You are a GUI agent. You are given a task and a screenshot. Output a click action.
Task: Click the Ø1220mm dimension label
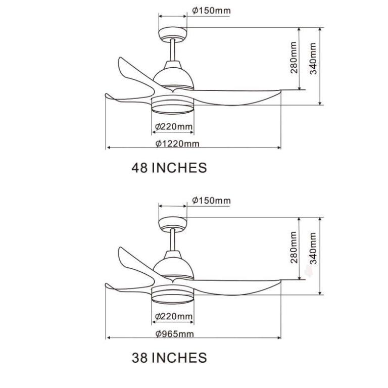point(177,143)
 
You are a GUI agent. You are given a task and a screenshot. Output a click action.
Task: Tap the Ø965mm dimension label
point(174,334)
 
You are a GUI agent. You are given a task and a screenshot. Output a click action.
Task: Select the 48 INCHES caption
point(169,168)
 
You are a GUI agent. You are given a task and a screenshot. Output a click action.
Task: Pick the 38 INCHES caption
point(169,358)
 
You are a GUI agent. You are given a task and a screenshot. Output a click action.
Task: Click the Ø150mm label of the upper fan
point(211,11)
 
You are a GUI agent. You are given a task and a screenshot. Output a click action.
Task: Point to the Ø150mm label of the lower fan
point(211,200)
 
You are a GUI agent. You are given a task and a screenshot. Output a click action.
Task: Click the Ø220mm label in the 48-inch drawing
point(174,127)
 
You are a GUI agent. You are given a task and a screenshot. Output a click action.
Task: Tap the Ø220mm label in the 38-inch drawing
point(174,316)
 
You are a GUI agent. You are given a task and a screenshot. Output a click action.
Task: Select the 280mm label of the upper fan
point(294,58)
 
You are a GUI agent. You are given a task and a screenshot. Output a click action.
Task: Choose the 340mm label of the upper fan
point(313,59)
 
